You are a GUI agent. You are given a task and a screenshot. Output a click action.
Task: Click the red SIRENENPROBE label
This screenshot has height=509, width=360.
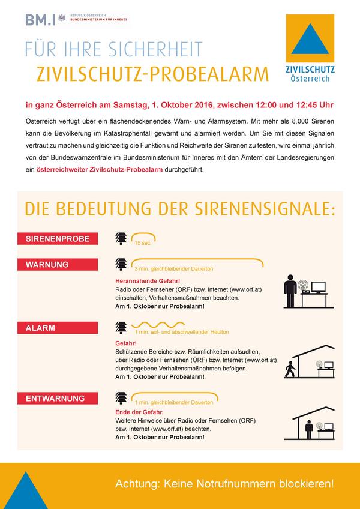(58, 239)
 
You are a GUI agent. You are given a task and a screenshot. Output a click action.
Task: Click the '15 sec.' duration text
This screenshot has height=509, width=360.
(143, 244)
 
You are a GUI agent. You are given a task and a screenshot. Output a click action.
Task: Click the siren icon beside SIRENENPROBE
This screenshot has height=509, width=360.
(121, 238)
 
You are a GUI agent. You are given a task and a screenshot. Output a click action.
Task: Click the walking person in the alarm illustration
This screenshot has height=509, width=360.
(292, 370)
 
